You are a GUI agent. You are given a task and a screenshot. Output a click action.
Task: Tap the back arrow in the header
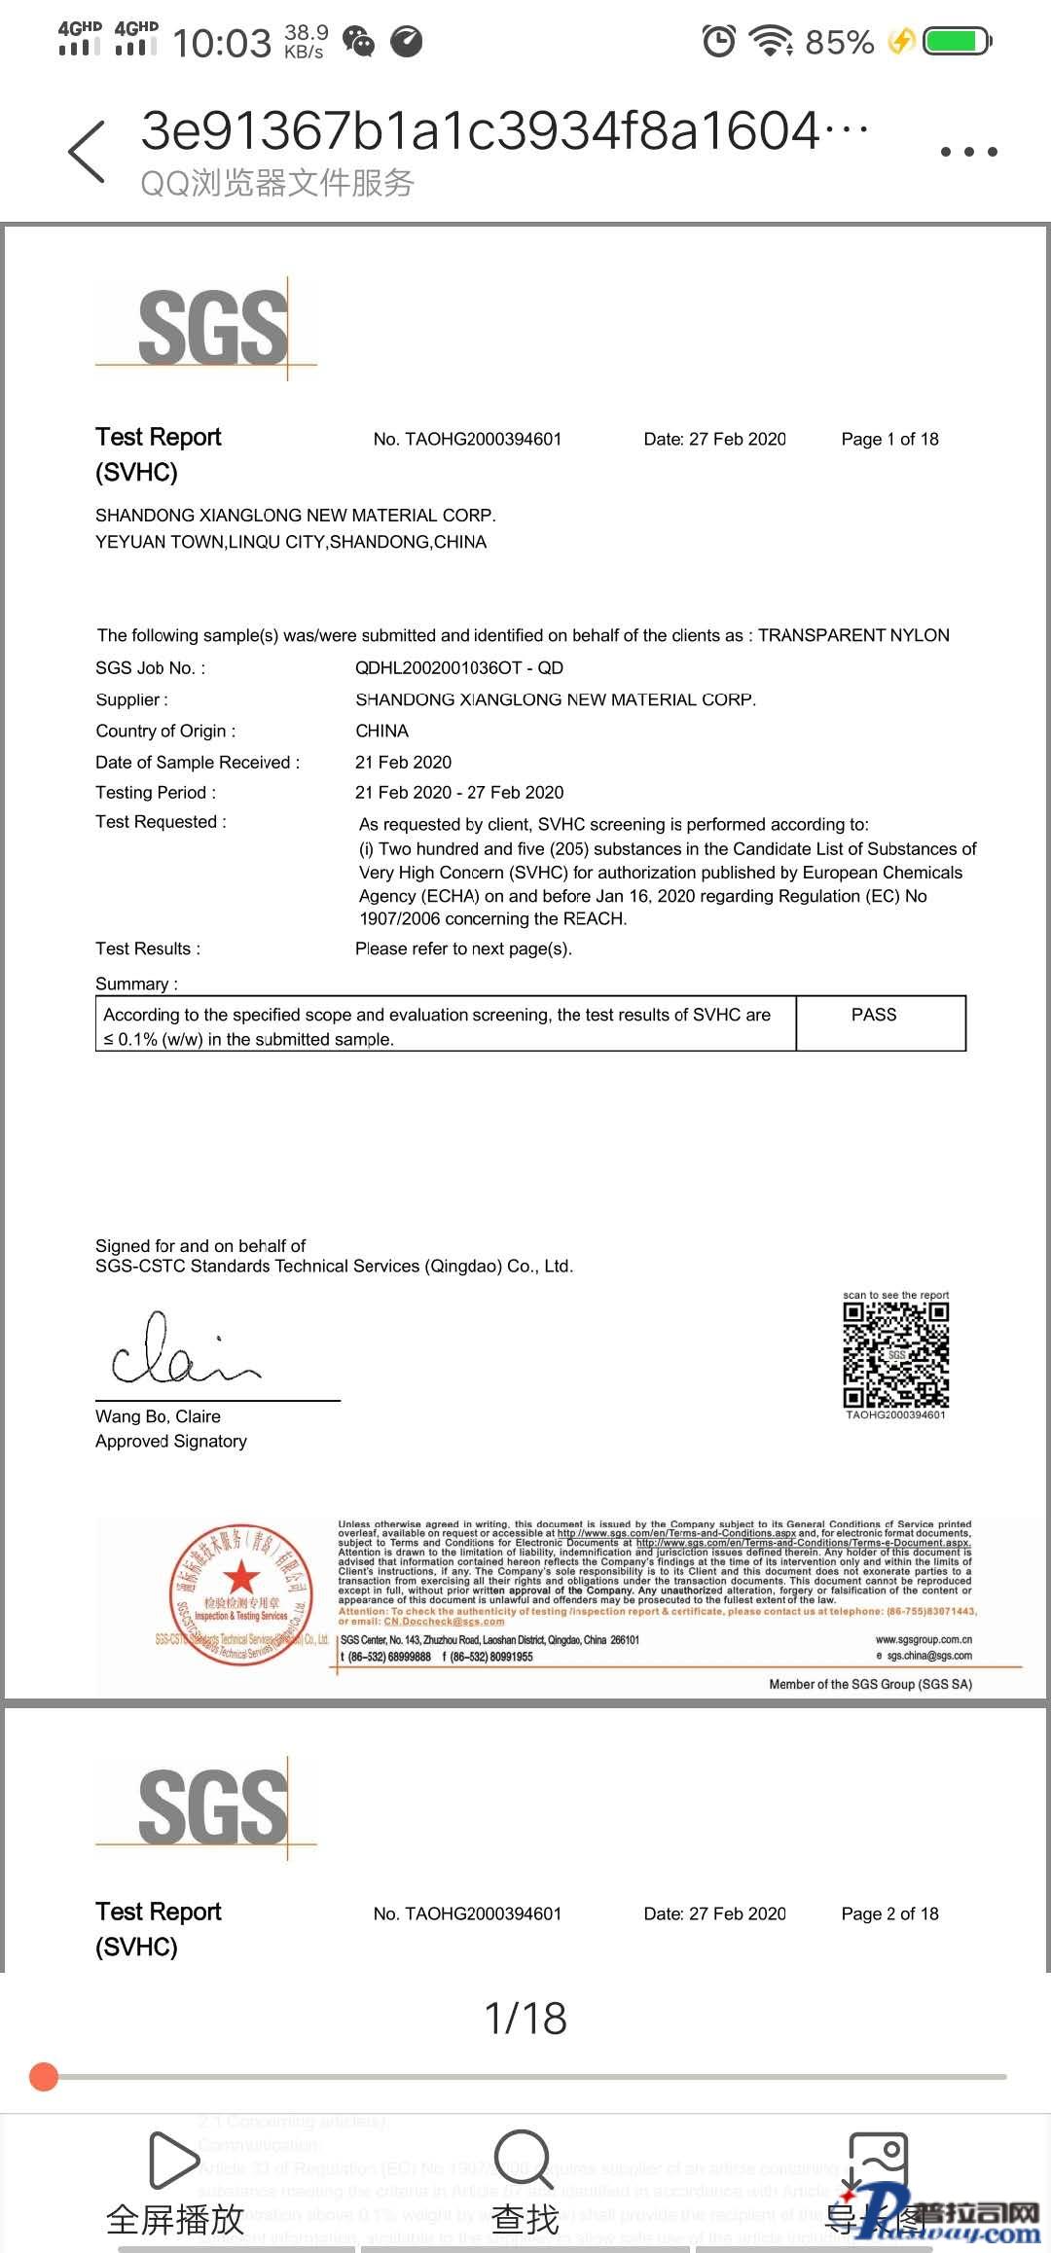[88, 152]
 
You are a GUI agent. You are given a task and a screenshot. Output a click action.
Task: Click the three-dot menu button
[968, 152]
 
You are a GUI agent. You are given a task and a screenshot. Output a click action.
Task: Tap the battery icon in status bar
[957, 42]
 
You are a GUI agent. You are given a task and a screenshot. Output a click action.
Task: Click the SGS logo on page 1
[212, 328]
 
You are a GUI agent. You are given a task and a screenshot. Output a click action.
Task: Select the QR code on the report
[895, 1354]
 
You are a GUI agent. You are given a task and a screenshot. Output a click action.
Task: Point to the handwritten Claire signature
[185, 1350]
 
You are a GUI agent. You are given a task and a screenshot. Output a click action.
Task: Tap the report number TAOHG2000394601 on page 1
[467, 439]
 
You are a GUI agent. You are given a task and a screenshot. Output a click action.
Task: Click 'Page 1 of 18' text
[889, 439]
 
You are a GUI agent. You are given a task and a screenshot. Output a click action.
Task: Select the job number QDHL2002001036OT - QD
[459, 667]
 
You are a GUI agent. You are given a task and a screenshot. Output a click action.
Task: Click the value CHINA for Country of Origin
[381, 731]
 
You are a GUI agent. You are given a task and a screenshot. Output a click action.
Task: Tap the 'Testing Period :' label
[156, 792]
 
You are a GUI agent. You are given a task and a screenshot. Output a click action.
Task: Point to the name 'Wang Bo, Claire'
[158, 1416]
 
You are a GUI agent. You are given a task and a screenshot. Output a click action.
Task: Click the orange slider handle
[44, 2076]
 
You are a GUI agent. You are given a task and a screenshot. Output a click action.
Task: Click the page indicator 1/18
[525, 2018]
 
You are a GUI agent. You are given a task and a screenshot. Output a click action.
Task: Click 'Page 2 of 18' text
[889, 1913]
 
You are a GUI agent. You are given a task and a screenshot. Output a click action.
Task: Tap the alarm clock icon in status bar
[719, 42]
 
